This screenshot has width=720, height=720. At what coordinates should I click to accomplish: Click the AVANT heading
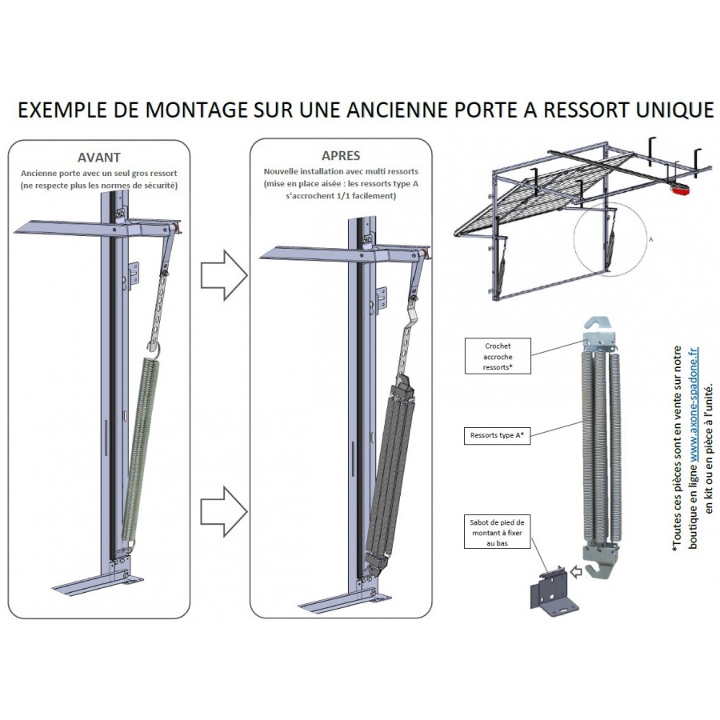coord(99,158)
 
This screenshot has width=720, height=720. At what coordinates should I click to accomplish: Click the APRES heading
coord(341,156)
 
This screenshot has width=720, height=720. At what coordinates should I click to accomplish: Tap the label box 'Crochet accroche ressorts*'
coord(498,355)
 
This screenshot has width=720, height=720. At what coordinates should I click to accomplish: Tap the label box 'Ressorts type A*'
coord(497,436)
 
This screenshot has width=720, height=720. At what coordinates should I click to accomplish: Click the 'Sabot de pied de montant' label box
coord(497,531)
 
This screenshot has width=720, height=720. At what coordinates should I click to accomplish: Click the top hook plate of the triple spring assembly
coord(598,334)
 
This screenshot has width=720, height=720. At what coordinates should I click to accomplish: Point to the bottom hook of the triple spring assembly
coord(596,566)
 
